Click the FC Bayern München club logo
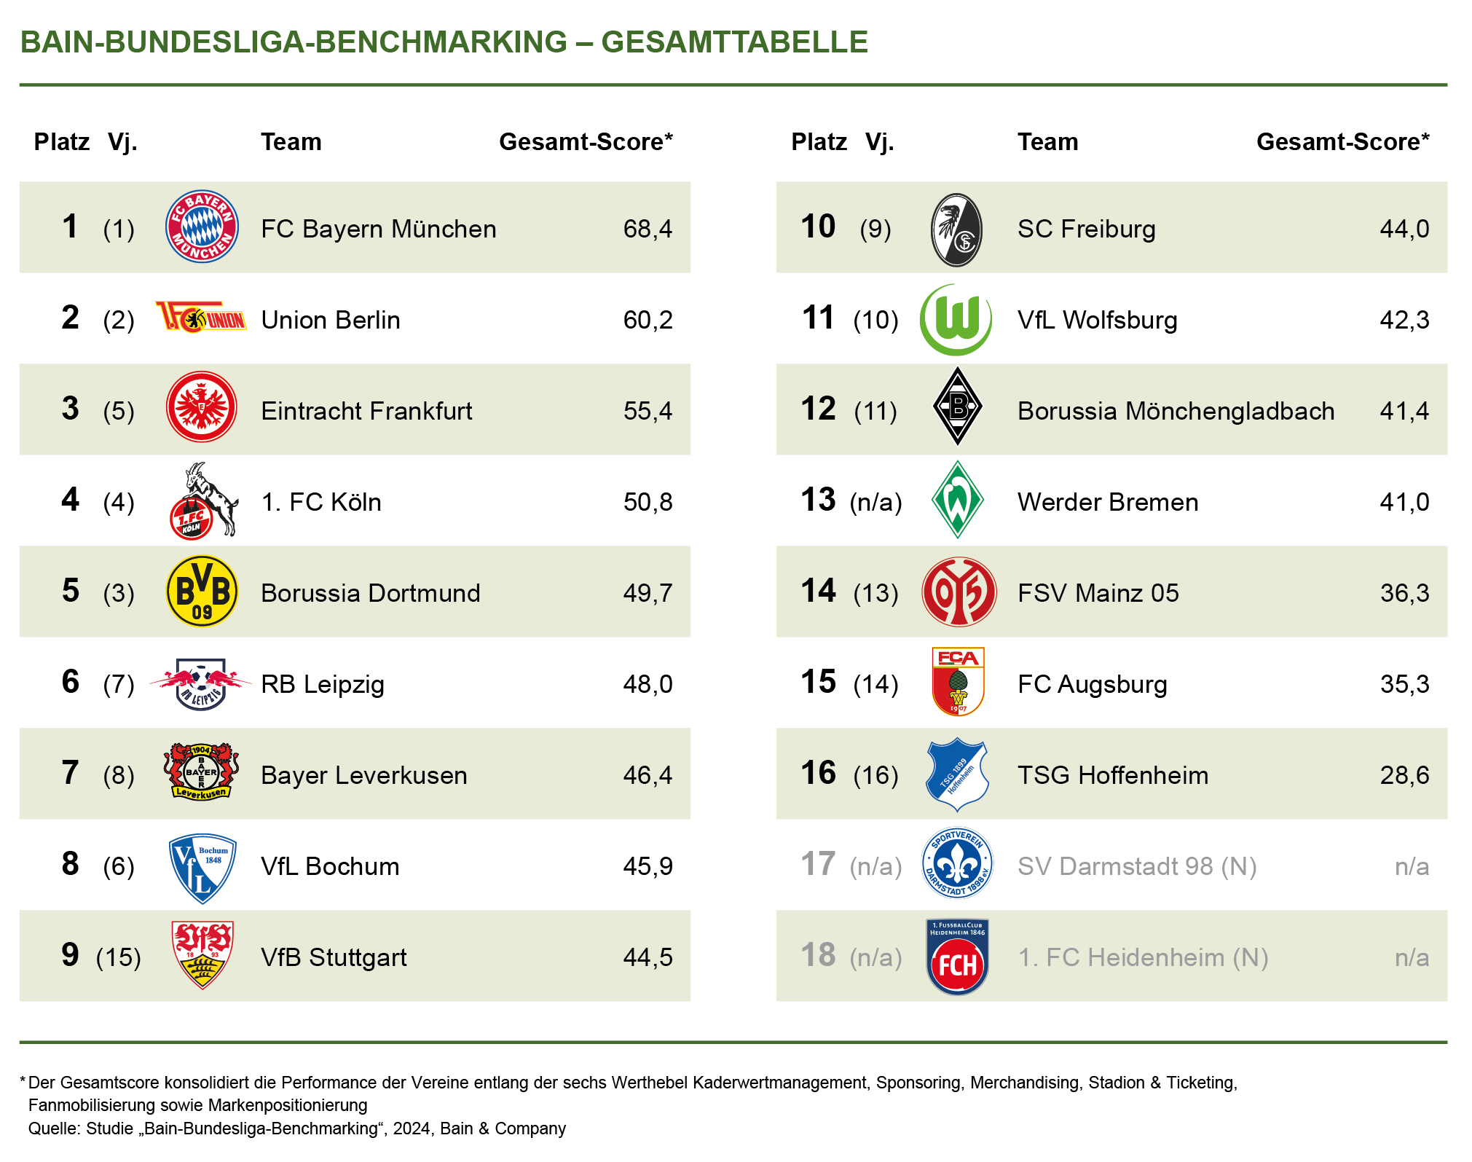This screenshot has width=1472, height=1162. point(202,227)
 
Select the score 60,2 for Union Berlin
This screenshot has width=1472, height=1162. point(648,320)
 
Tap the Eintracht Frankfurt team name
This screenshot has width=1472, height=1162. point(366,411)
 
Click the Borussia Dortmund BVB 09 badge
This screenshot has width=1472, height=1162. point(202,592)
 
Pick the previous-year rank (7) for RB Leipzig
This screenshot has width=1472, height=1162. point(119,684)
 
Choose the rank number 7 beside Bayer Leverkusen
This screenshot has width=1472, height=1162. point(70,773)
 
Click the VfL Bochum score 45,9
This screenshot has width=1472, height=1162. point(648,866)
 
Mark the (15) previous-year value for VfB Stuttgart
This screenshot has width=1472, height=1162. point(119,957)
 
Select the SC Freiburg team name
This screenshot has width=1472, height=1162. point(1086,229)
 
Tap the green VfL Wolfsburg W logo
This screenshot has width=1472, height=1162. point(956,319)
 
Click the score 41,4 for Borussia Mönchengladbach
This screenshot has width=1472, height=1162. point(1404,411)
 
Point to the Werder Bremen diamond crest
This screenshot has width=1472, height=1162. point(958,500)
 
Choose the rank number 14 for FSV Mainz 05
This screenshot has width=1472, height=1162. point(818,591)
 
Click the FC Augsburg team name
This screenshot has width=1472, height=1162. point(1092,684)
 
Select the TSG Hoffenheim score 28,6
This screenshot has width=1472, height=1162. point(1404,775)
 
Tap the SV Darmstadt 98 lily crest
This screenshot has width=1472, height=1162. point(957,863)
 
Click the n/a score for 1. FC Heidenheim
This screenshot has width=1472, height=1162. point(1412,957)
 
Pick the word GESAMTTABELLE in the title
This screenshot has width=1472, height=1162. point(734,42)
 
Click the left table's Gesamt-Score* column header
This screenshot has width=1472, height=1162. point(586,141)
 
